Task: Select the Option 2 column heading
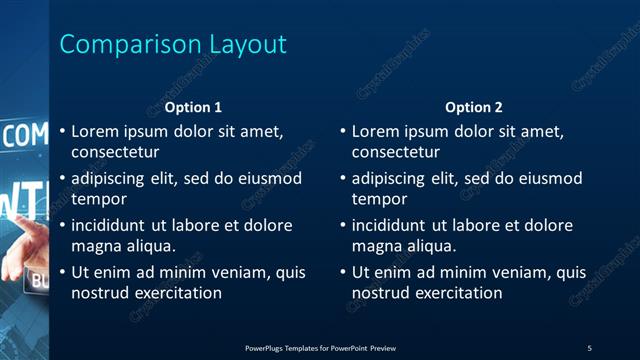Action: coord(474,107)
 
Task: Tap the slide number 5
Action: coord(589,347)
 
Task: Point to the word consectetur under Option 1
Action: coord(116,152)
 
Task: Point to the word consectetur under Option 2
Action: coord(396,152)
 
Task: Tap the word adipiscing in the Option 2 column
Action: coord(389,179)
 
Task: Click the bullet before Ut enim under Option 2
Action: coord(343,272)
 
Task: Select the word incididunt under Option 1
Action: coord(111,226)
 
